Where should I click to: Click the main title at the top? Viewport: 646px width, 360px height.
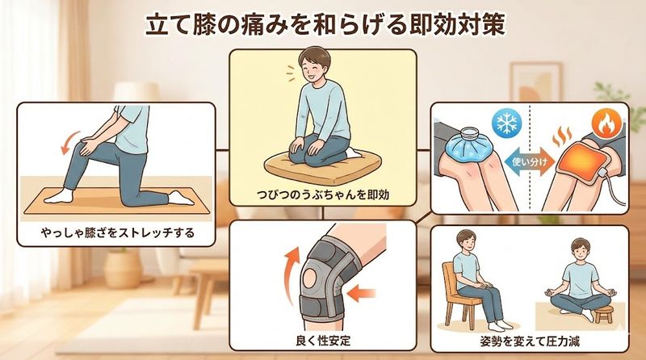pos(323,23)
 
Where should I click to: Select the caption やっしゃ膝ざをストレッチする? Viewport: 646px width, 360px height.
pos(118,234)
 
